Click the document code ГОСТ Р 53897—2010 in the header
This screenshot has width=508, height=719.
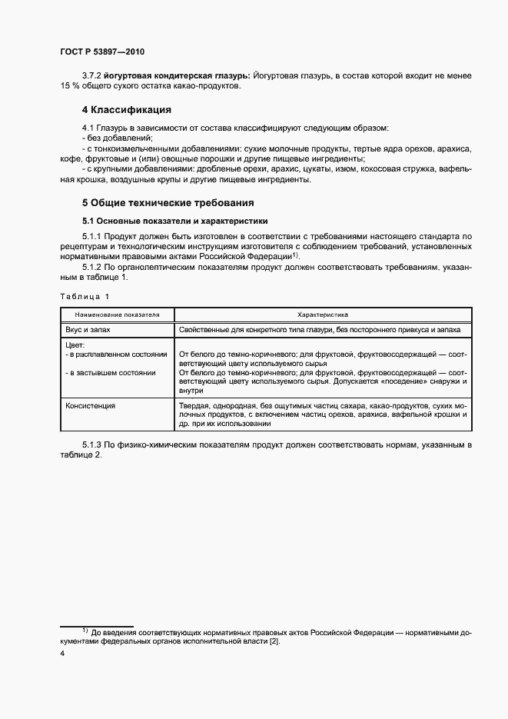pos(101,52)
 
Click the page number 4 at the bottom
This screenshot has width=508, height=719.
pos(62,654)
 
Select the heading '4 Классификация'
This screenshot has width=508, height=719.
pos(126,109)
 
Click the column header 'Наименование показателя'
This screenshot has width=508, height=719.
pos(117,315)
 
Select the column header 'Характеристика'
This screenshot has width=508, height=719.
pos(323,315)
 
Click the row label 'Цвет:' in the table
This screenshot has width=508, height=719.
pos(76,345)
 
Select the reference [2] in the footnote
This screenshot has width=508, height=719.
pos(275,641)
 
